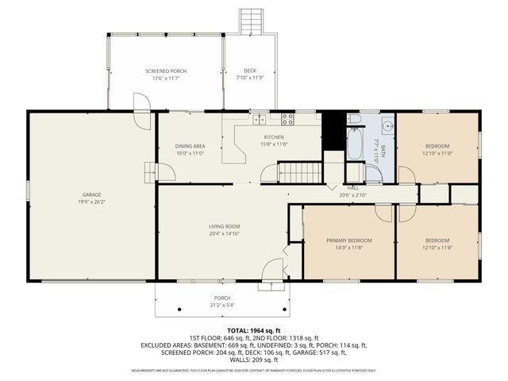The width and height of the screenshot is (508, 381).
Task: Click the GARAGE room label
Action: [91, 194]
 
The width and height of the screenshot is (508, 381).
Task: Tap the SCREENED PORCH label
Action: [166, 70]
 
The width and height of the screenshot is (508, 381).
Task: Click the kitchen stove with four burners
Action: [288, 120]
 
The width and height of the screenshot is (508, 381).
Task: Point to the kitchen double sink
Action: [259, 120]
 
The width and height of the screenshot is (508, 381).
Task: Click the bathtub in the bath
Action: [355, 143]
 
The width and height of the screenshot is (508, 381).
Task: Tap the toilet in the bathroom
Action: [355, 120]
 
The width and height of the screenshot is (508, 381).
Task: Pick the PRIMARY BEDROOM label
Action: [349, 240]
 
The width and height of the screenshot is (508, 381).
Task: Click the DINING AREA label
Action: [190, 146]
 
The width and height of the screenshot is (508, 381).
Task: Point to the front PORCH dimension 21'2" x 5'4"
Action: [221, 306]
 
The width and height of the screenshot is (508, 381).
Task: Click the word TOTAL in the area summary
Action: [238, 329]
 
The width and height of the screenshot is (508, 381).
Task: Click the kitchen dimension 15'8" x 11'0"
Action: [274, 144]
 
